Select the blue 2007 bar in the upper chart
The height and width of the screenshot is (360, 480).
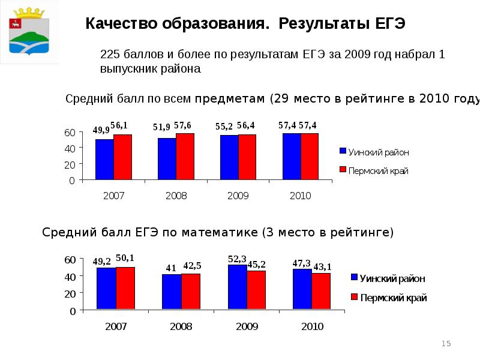point(104,159)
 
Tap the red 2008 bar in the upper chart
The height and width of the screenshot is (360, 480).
point(185,156)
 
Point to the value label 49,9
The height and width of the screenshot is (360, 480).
point(101,130)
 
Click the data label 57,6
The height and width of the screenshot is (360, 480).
point(182,125)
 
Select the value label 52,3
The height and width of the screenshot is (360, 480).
point(236,259)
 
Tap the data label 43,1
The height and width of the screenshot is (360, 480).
point(323,266)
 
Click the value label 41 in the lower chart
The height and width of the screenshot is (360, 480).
point(171,268)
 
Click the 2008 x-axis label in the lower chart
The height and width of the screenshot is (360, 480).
point(181,327)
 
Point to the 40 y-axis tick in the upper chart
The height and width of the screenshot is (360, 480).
point(70,148)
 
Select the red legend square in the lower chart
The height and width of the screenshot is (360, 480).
point(354,297)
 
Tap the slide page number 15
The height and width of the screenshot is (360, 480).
point(446,343)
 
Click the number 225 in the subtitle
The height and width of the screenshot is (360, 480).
point(111,55)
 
